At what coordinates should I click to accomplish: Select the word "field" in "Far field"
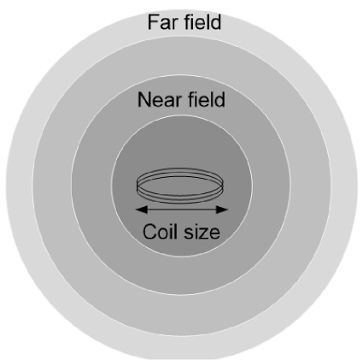[202, 21]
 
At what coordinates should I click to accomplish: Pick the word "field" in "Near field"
[207, 99]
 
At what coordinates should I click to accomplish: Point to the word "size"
[202, 232]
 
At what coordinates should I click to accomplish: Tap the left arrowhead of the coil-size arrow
[142, 210]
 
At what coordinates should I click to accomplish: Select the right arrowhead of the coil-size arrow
[222, 210]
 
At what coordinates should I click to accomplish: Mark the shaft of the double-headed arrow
[182, 210]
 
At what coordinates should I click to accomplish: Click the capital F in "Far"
[153, 22]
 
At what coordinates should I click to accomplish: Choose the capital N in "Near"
[143, 100]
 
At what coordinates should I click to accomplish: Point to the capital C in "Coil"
[149, 232]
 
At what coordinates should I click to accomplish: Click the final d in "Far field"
[216, 21]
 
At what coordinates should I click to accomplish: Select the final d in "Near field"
[220, 99]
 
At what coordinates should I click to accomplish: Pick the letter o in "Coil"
[163, 233]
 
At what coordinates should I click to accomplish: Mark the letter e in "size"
[214, 233]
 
